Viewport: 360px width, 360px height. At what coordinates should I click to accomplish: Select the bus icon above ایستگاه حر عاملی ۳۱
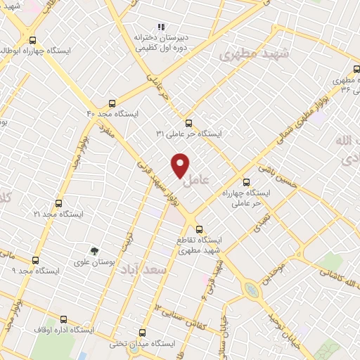pos(188,122)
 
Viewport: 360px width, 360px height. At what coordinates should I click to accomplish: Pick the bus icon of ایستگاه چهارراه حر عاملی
pos(246,181)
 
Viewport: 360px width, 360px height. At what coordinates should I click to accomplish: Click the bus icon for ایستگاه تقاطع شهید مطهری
pos(199,229)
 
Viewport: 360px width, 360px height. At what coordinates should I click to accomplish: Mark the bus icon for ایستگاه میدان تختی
pos(143,333)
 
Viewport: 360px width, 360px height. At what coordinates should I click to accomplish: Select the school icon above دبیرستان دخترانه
pos(161,27)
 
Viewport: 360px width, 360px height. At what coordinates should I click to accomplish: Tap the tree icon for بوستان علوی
pos(94,250)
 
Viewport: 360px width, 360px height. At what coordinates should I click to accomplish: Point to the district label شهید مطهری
pos(247,53)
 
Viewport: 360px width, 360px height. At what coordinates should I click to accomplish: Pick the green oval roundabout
pos(251,289)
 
